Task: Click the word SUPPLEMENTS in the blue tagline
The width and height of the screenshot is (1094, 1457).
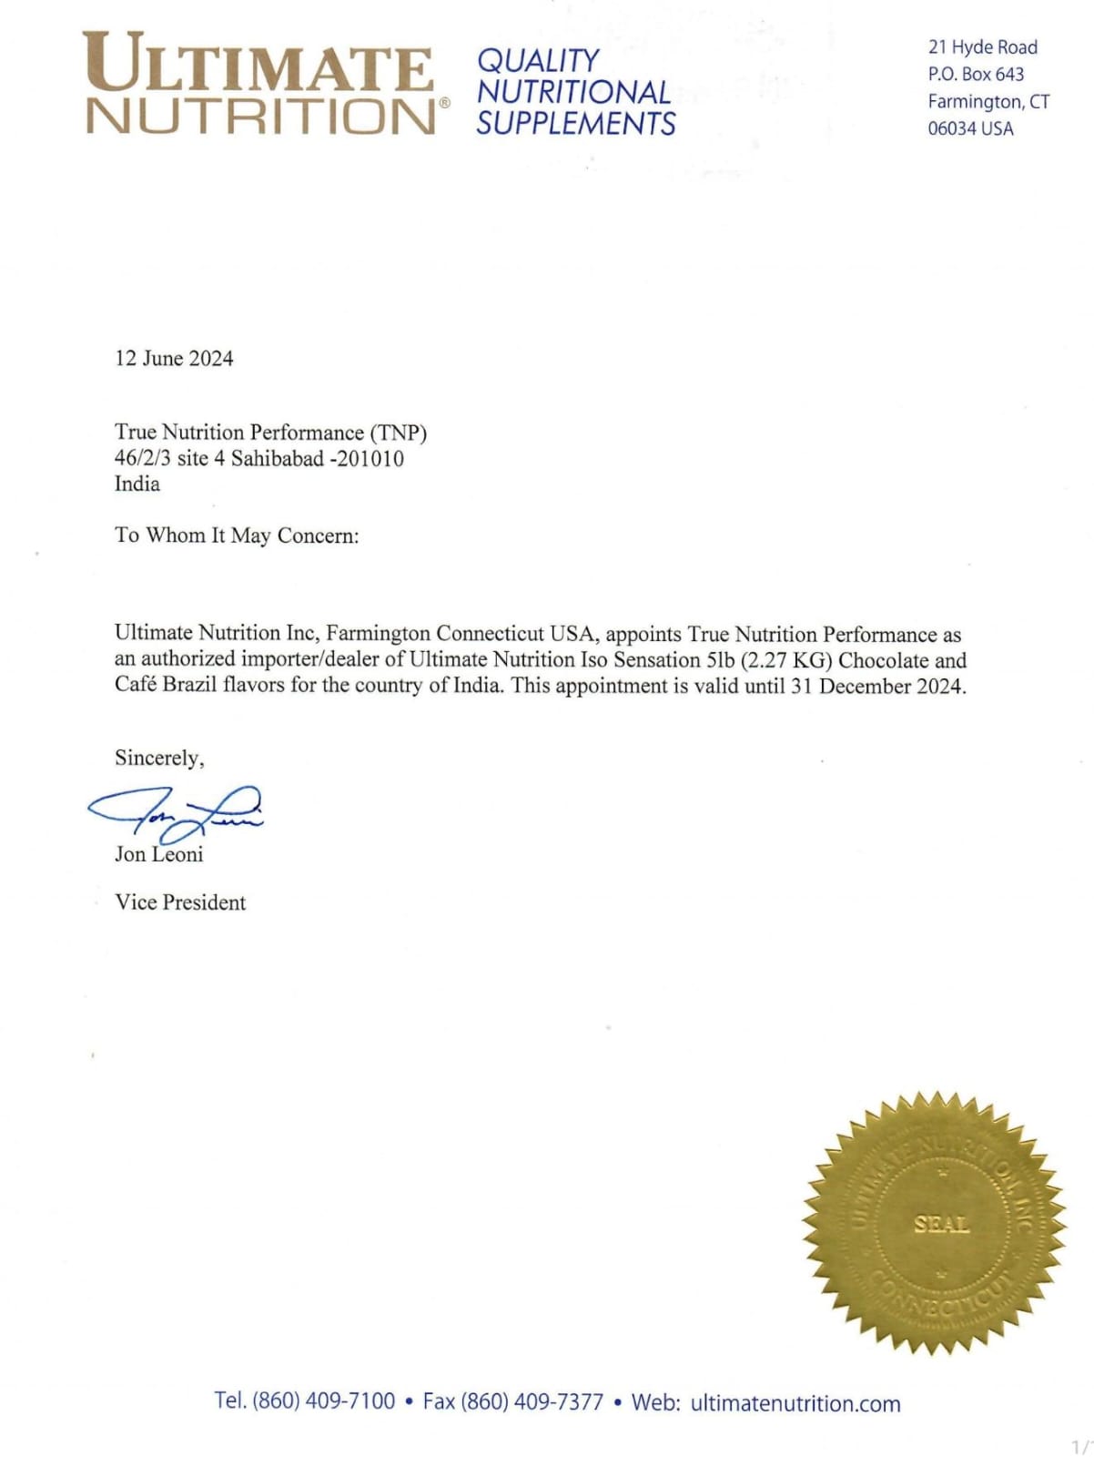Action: click(575, 123)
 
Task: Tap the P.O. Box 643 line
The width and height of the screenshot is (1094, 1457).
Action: click(976, 74)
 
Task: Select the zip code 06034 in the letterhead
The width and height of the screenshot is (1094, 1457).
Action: click(951, 128)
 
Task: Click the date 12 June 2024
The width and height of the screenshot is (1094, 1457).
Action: click(174, 359)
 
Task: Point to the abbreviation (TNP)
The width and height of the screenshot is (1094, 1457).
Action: click(398, 433)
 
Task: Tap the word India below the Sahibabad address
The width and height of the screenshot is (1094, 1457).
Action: click(137, 484)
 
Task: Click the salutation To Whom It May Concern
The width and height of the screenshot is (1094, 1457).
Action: click(237, 535)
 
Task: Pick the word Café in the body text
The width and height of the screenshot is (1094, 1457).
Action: click(136, 686)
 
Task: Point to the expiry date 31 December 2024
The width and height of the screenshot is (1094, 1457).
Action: click(876, 686)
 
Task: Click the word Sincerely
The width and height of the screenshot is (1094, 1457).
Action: click(159, 758)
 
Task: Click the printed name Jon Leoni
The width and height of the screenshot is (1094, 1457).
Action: click(158, 854)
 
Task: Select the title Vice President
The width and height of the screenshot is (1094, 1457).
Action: click(180, 902)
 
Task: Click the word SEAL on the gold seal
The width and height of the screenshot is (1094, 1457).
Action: click(941, 1224)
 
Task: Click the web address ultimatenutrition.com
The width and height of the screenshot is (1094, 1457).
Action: click(795, 1403)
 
